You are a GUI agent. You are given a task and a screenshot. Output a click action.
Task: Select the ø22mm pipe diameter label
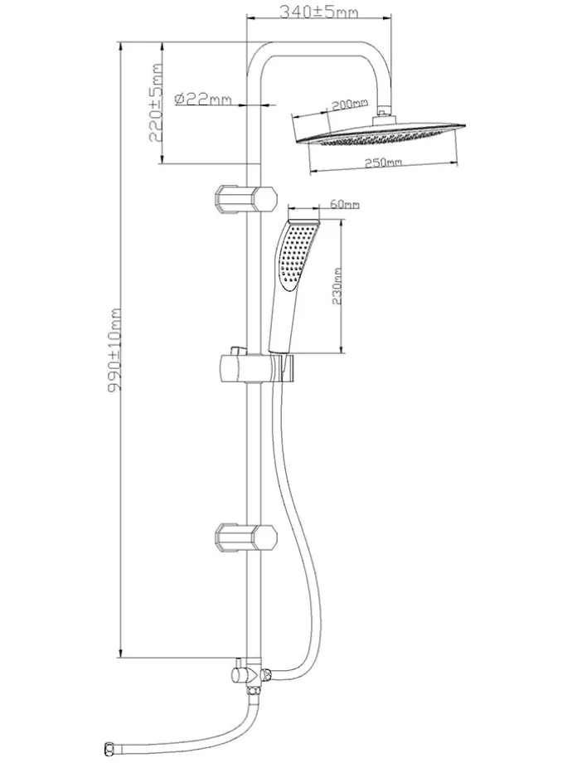pyautogui.click(x=203, y=99)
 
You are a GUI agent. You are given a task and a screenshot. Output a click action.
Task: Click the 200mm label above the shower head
pyautogui.click(x=348, y=104)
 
